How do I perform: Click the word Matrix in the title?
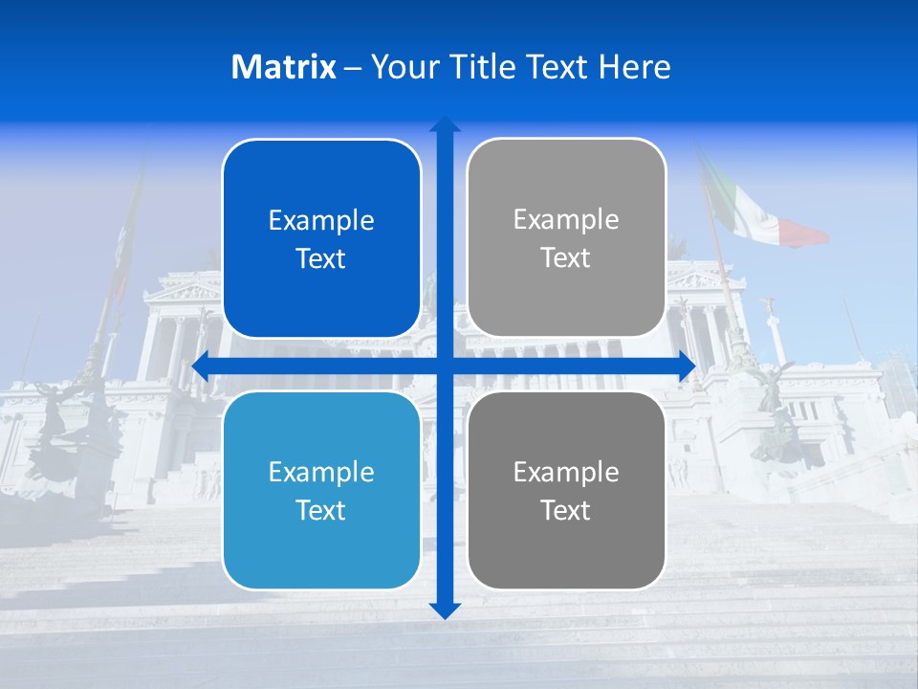[x=283, y=67]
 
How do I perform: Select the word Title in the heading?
[x=481, y=67]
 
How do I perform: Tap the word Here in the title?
[x=634, y=67]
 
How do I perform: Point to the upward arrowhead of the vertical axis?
[x=444, y=124]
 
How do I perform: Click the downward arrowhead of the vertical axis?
[x=444, y=610]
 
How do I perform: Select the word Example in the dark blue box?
[x=321, y=221]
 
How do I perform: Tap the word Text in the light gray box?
[x=566, y=258]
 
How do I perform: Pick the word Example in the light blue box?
[x=321, y=472]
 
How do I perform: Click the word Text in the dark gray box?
[x=566, y=510]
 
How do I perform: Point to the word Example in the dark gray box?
[x=566, y=472]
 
